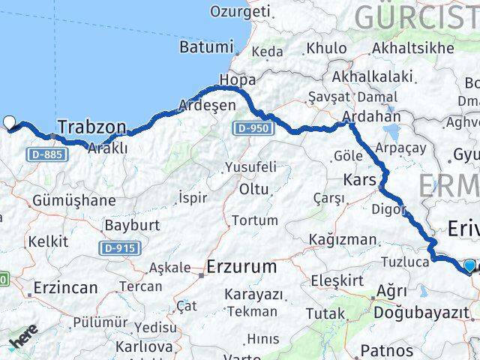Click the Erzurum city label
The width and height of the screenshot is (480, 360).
[x=241, y=266]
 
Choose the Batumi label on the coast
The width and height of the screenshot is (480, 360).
[x=206, y=46]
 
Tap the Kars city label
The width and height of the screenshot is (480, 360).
[x=360, y=180]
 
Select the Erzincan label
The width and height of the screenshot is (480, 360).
[x=65, y=287]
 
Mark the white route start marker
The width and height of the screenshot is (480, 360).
[x=9, y=122]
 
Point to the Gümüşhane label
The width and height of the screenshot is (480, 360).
[x=73, y=200]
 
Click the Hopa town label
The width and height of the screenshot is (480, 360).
[x=237, y=79]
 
